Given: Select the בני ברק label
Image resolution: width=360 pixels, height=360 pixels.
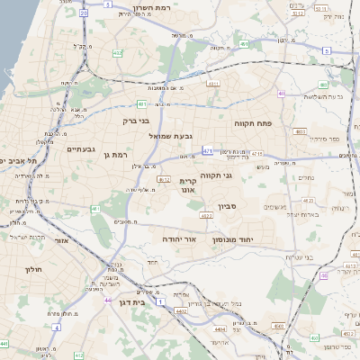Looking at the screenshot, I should tap(138, 119).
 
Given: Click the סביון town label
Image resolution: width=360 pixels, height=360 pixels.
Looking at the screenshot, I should tap(245, 207).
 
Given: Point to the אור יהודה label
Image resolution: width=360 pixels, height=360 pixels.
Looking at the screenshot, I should tap(179, 240).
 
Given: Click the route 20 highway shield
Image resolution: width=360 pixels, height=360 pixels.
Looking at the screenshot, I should tap(84, 13).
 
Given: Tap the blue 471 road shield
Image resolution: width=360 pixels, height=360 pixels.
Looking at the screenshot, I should tap(208, 151).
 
